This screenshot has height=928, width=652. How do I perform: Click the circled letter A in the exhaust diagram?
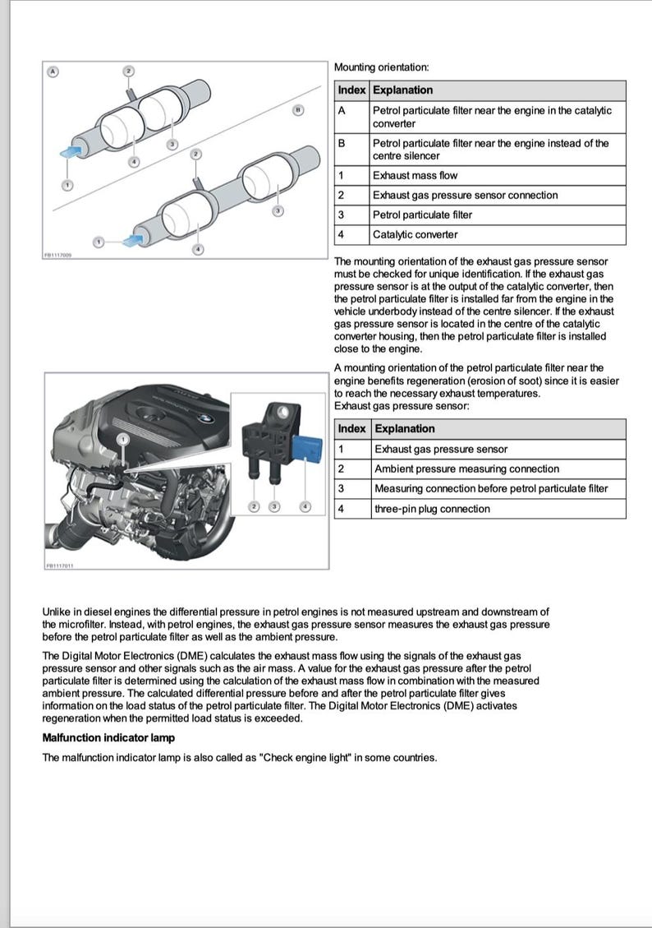click(53, 72)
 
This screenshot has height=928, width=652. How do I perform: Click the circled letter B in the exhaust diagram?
click(298, 109)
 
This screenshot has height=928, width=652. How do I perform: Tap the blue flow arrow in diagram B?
click(131, 239)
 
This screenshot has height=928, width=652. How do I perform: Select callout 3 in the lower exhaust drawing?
click(278, 211)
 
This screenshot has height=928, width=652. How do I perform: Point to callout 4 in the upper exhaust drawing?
click(135, 162)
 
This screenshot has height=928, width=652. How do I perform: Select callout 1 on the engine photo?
click(122, 441)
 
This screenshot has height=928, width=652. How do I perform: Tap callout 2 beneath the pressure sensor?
click(255, 506)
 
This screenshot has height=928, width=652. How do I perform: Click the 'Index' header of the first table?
click(352, 90)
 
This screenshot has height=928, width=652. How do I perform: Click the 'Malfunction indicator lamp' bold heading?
click(108, 737)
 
